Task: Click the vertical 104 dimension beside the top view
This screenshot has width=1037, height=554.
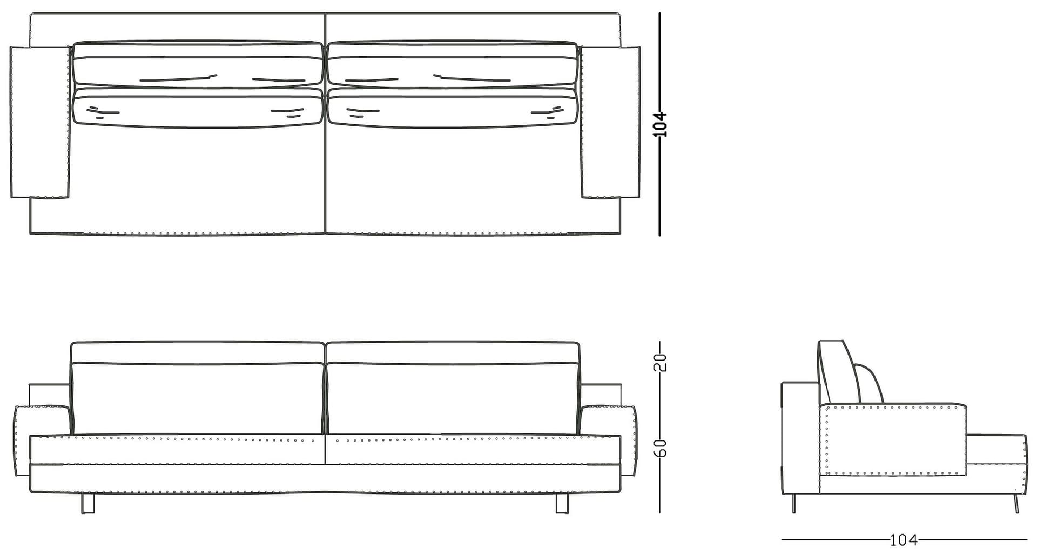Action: coord(662,124)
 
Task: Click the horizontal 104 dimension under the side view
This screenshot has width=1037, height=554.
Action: coord(903,539)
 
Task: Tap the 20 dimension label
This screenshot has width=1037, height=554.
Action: coord(662,362)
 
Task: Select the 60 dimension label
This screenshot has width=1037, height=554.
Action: coord(662,447)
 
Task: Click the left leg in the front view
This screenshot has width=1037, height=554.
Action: coord(87,503)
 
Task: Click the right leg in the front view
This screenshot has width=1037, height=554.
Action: coord(562,503)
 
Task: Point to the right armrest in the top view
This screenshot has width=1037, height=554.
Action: coord(611,122)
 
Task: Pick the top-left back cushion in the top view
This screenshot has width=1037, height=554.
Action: coord(198,64)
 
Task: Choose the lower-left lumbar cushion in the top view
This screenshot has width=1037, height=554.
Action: coord(198,108)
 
